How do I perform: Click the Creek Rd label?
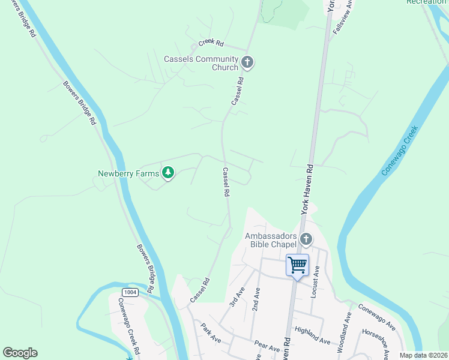click(x=211, y=44)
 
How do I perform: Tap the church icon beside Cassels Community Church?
click(x=247, y=62)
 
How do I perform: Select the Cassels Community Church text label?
click(x=201, y=63)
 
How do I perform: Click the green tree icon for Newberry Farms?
click(x=169, y=173)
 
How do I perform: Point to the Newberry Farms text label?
click(x=128, y=174)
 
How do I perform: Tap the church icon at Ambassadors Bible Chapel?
click(x=306, y=240)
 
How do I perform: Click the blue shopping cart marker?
click(x=297, y=265)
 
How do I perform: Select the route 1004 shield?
click(x=130, y=292)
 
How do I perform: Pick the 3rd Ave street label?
click(x=237, y=296)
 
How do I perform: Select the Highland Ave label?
click(x=312, y=335)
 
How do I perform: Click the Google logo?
click(x=20, y=353)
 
